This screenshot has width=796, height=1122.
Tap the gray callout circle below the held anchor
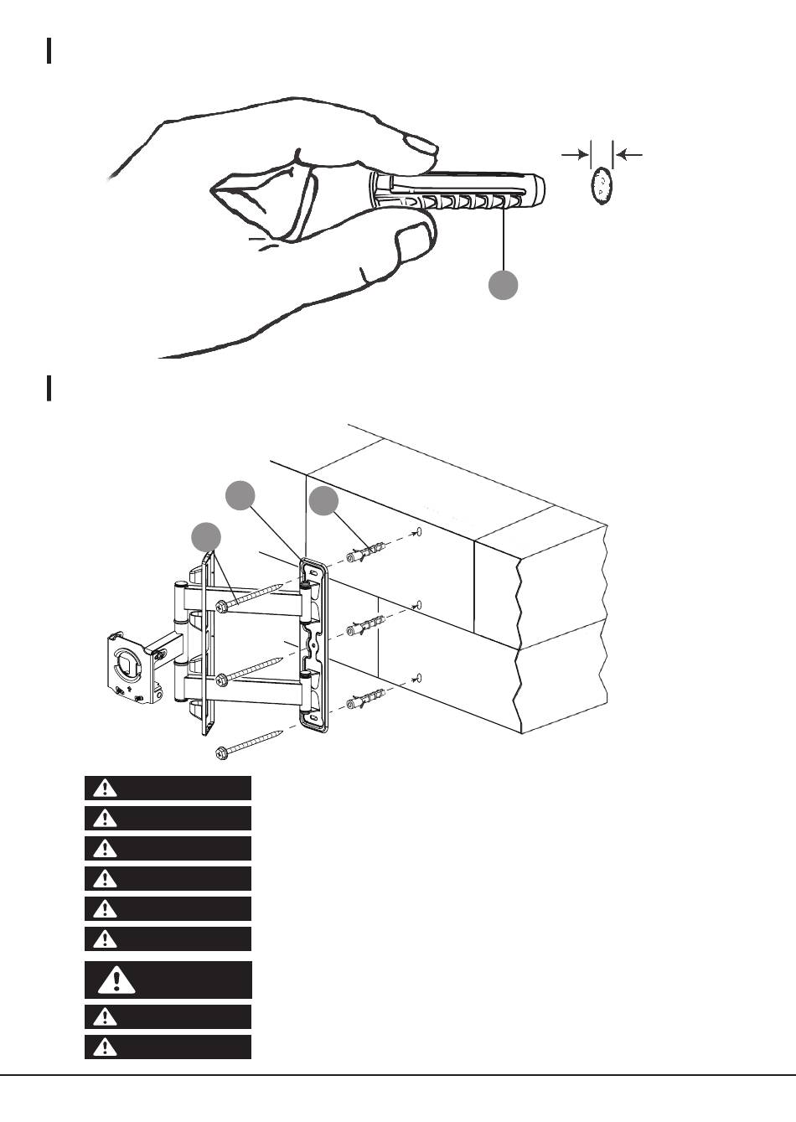(x=503, y=285)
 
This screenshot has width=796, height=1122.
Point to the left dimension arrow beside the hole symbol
(x=574, y=154)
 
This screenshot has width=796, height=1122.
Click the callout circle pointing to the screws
(x=207, y=536)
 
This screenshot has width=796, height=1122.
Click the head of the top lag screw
(x=221, y=607)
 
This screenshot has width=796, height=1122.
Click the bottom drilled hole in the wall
(x=419, y=678)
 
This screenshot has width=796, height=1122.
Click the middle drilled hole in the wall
(x=419, y=605)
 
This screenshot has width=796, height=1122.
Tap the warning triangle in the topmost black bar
(x=105, y=788)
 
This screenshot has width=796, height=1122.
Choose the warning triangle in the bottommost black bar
(x=105, y=1047)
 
